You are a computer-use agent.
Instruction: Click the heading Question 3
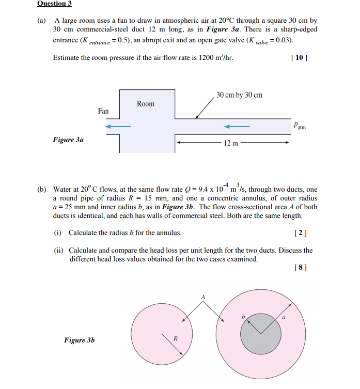(x=54, y=4)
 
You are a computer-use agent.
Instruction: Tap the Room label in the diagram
(x=146, y=104)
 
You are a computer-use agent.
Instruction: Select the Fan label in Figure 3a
(x=103, y=111)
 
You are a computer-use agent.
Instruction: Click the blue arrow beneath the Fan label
(x=116, y=126)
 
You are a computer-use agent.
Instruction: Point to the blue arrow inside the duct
(x=237, y=126)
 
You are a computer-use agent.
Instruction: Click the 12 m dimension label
(x=231, y=143)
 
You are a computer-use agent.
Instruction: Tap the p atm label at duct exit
(x=299, y=125)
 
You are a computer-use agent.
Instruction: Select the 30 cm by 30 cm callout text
(x=239, y=95)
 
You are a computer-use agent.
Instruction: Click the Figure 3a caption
(x=68, y=139)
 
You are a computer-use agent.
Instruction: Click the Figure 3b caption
(x=79, y=340)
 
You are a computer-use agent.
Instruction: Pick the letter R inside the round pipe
(x=175, y=339)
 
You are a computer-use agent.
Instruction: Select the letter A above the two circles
(x=203, y=297)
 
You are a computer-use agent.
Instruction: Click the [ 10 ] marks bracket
(x=300, y=58)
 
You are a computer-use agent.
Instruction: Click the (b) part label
(x=42, y=190)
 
